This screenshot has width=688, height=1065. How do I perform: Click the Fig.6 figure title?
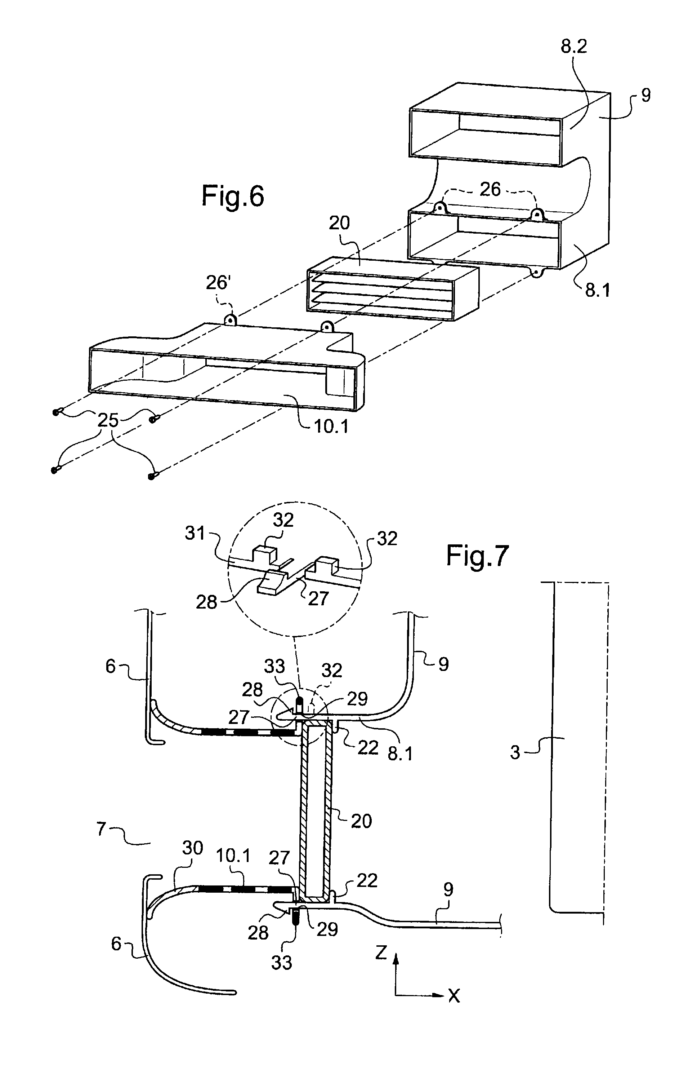tap(233, 196)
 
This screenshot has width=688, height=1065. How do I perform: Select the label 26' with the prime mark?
tap(218, 283)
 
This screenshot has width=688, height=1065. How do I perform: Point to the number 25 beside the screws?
tap(108, 420)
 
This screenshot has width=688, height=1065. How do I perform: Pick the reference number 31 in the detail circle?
tap(195, 533)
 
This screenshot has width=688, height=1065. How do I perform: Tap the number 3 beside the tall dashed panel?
tap(515, 753)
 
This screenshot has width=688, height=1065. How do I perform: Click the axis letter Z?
tap(381, 953)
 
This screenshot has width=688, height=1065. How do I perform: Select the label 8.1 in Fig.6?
tap(598, 291)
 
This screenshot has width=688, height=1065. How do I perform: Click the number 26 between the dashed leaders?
tap(490, 189)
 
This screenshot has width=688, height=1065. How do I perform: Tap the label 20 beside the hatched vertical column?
tap(361, 821)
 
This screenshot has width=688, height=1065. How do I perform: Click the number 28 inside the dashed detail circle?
tap(206, 602)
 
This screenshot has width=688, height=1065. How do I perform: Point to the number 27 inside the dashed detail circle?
tap(318, 598)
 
